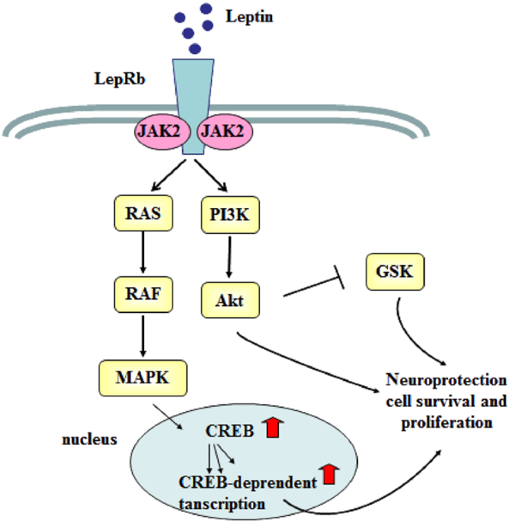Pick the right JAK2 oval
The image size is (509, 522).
pos(223,132)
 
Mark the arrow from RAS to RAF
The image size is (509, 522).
pos(143,260)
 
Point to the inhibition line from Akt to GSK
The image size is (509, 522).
pos(312,288)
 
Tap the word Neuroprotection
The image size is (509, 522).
pos(446,379)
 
